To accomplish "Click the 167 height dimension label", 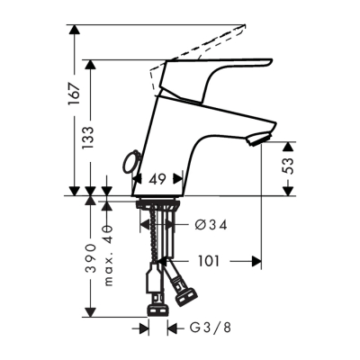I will pyautogui.click(x=74, y=90).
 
